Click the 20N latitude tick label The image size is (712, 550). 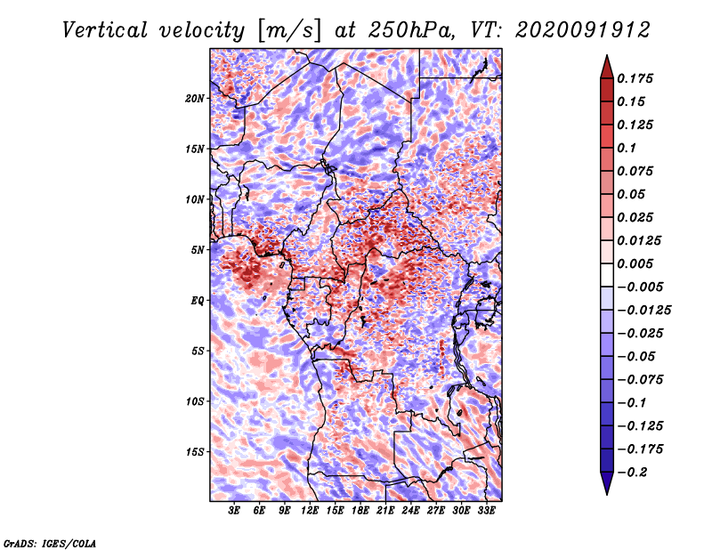195,99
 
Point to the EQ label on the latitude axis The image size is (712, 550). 197,301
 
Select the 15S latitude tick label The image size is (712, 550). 195,452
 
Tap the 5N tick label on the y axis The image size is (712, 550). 198,250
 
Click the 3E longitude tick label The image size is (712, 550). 234,510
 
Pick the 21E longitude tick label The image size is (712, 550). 385,510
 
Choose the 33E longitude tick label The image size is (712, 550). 486,510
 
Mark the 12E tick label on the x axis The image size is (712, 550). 310,510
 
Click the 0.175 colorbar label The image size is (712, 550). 635,78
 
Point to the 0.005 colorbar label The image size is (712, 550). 635,263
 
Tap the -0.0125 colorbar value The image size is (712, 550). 643,311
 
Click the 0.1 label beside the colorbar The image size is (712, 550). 627,148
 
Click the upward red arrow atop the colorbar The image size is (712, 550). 607,67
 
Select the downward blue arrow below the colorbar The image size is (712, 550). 607,483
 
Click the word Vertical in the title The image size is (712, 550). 105,30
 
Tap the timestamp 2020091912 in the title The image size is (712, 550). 583,30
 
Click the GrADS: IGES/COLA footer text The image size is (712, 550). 50,543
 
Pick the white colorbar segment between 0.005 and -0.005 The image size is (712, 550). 607,275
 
